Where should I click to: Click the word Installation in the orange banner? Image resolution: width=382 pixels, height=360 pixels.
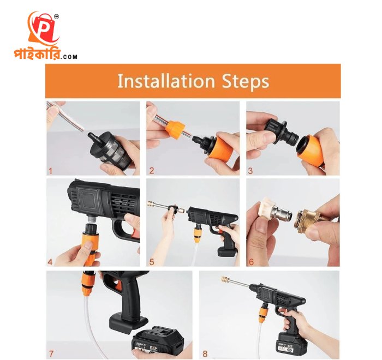click(166, 81)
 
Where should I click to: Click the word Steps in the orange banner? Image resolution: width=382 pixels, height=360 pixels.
click(246, 82)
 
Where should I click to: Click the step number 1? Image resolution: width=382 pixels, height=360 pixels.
click(50, 171)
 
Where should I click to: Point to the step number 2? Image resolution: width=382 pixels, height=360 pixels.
click(152, 171)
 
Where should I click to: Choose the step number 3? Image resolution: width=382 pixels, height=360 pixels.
click(250, 171)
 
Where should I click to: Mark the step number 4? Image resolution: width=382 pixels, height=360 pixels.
click(50, 262)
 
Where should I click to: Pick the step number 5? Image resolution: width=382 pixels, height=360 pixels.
click(152, 262)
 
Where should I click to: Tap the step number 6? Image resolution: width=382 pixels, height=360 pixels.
click(251, 262)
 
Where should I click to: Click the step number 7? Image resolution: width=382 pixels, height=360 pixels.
click(51, 353)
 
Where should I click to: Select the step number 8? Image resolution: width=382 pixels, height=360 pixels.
click(205, 353)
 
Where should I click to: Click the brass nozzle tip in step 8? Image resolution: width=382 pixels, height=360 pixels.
click(225, 279)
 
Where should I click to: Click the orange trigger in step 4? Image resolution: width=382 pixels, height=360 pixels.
click(135, 234)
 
